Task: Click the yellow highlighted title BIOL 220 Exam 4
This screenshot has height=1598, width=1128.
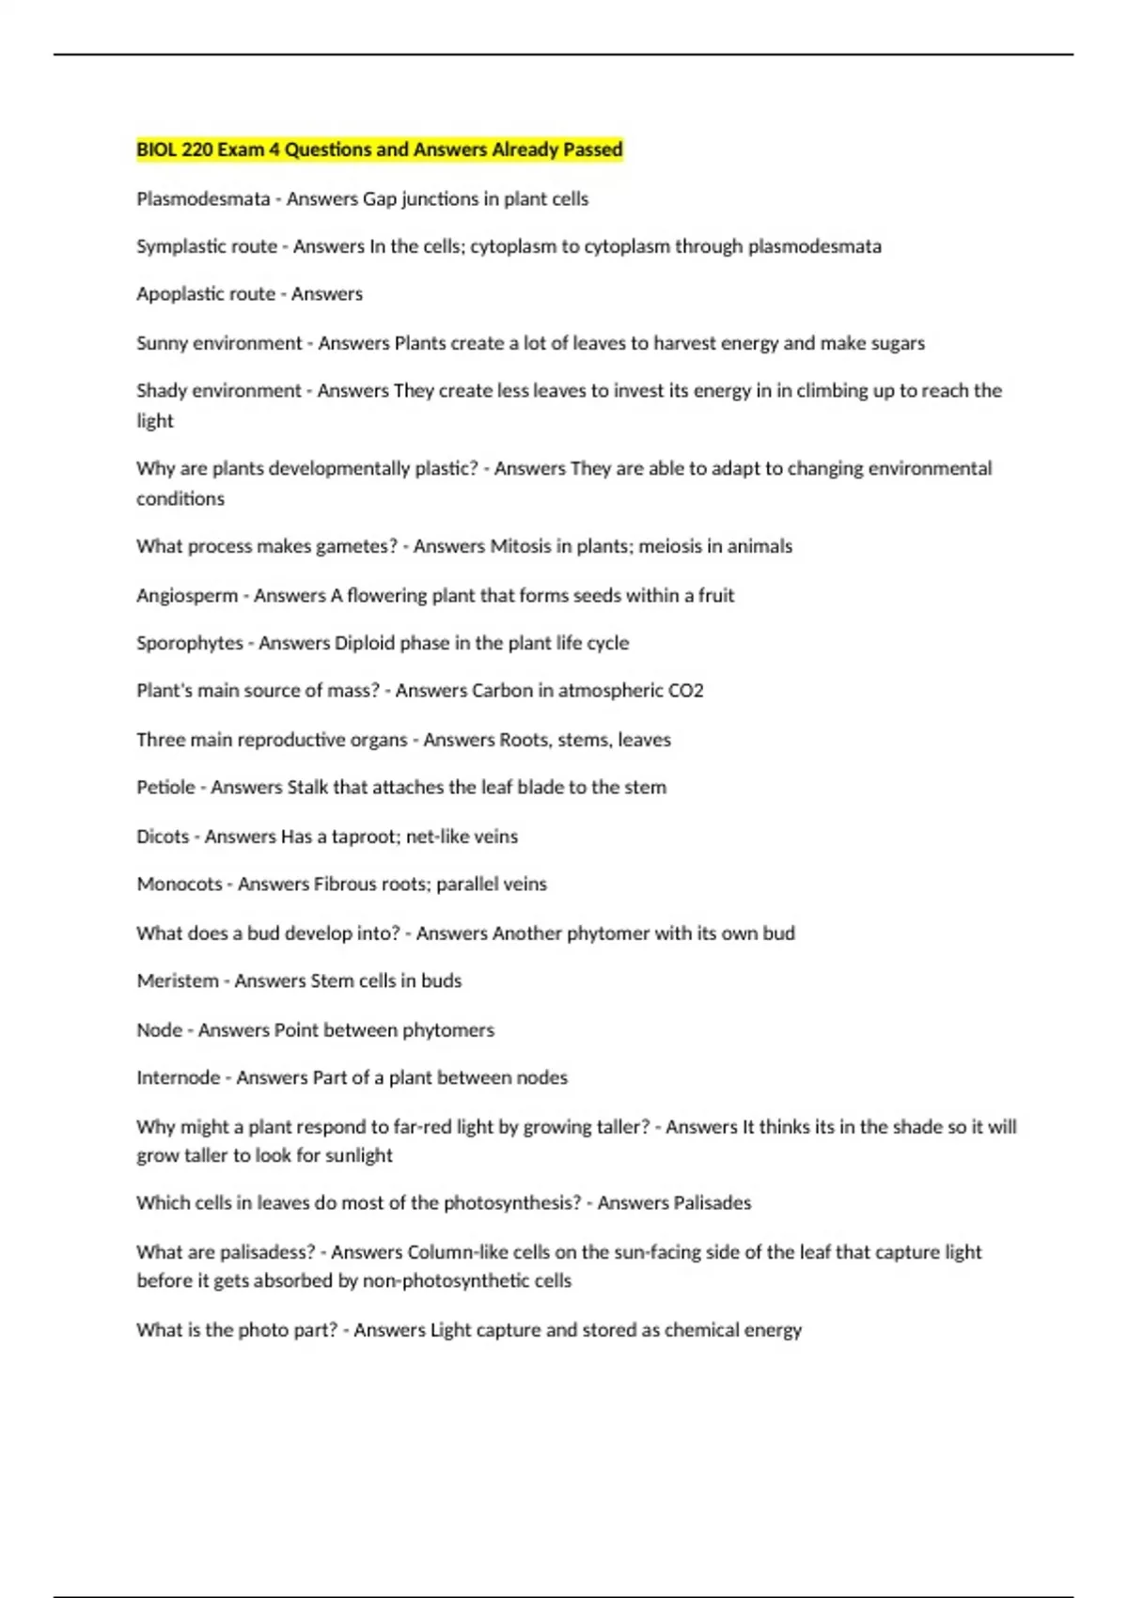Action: (x=379, y=149)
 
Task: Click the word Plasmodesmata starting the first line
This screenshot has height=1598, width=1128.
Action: (x=203, y=199)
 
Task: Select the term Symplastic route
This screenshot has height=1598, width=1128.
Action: (x=207, y=246)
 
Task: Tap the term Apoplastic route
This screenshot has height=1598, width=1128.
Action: (x=206, y=294)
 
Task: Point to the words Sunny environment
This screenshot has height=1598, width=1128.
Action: (x=219, y=343)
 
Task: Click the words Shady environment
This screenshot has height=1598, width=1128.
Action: (x=219, y=391)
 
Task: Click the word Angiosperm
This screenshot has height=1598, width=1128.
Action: (x=187, y=595)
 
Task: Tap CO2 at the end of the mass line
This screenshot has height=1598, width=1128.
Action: (x=685, y=691)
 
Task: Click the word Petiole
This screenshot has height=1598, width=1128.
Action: (x=166, y=787)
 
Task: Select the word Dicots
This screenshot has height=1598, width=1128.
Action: (x=163, y=837)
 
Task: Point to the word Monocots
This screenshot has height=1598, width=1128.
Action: (x=180, y=885)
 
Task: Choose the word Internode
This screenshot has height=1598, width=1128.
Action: (x=179, y=1077)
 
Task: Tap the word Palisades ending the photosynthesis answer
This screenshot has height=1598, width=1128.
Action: (x=713, y=1203)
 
